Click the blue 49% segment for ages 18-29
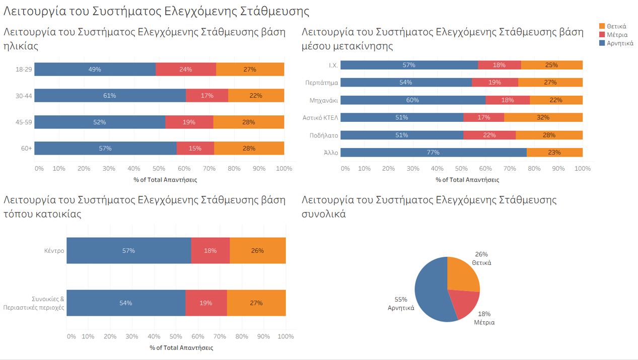[x=95, y=69]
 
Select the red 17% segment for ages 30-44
[x=207, y=96]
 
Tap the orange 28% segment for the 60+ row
[x=249, y=149]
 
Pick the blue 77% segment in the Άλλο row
[x=433, y=153]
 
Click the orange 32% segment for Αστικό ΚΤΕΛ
[x=543, y=117]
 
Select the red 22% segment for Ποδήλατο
[x=489, y=135]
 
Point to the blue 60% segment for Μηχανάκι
[x=412, y=100]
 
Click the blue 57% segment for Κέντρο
[x=128, y=251]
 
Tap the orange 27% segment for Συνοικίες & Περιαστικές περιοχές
[x=256, y=303]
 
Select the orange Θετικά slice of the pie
[x=462, y=274]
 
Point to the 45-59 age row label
[x=24, y=122]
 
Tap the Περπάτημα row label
[x=321, y=83]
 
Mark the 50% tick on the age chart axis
[x=159, y=169]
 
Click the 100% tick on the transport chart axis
[x=583, y=169]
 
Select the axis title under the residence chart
[x=181, y=348]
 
